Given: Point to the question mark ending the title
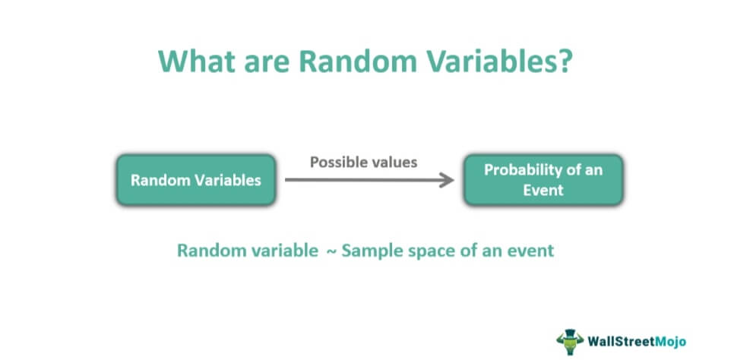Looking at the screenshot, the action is pos(564,61).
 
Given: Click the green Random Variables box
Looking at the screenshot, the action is pos(196,180).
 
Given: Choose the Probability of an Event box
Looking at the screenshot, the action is pos(543,180).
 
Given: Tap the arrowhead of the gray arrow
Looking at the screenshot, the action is pos(447,180).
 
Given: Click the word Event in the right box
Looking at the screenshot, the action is pos(543,190).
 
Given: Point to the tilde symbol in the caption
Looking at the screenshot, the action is pos(331,251).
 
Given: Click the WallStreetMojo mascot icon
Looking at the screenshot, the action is pos(570,341).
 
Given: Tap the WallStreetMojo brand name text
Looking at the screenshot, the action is pos(637,342).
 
